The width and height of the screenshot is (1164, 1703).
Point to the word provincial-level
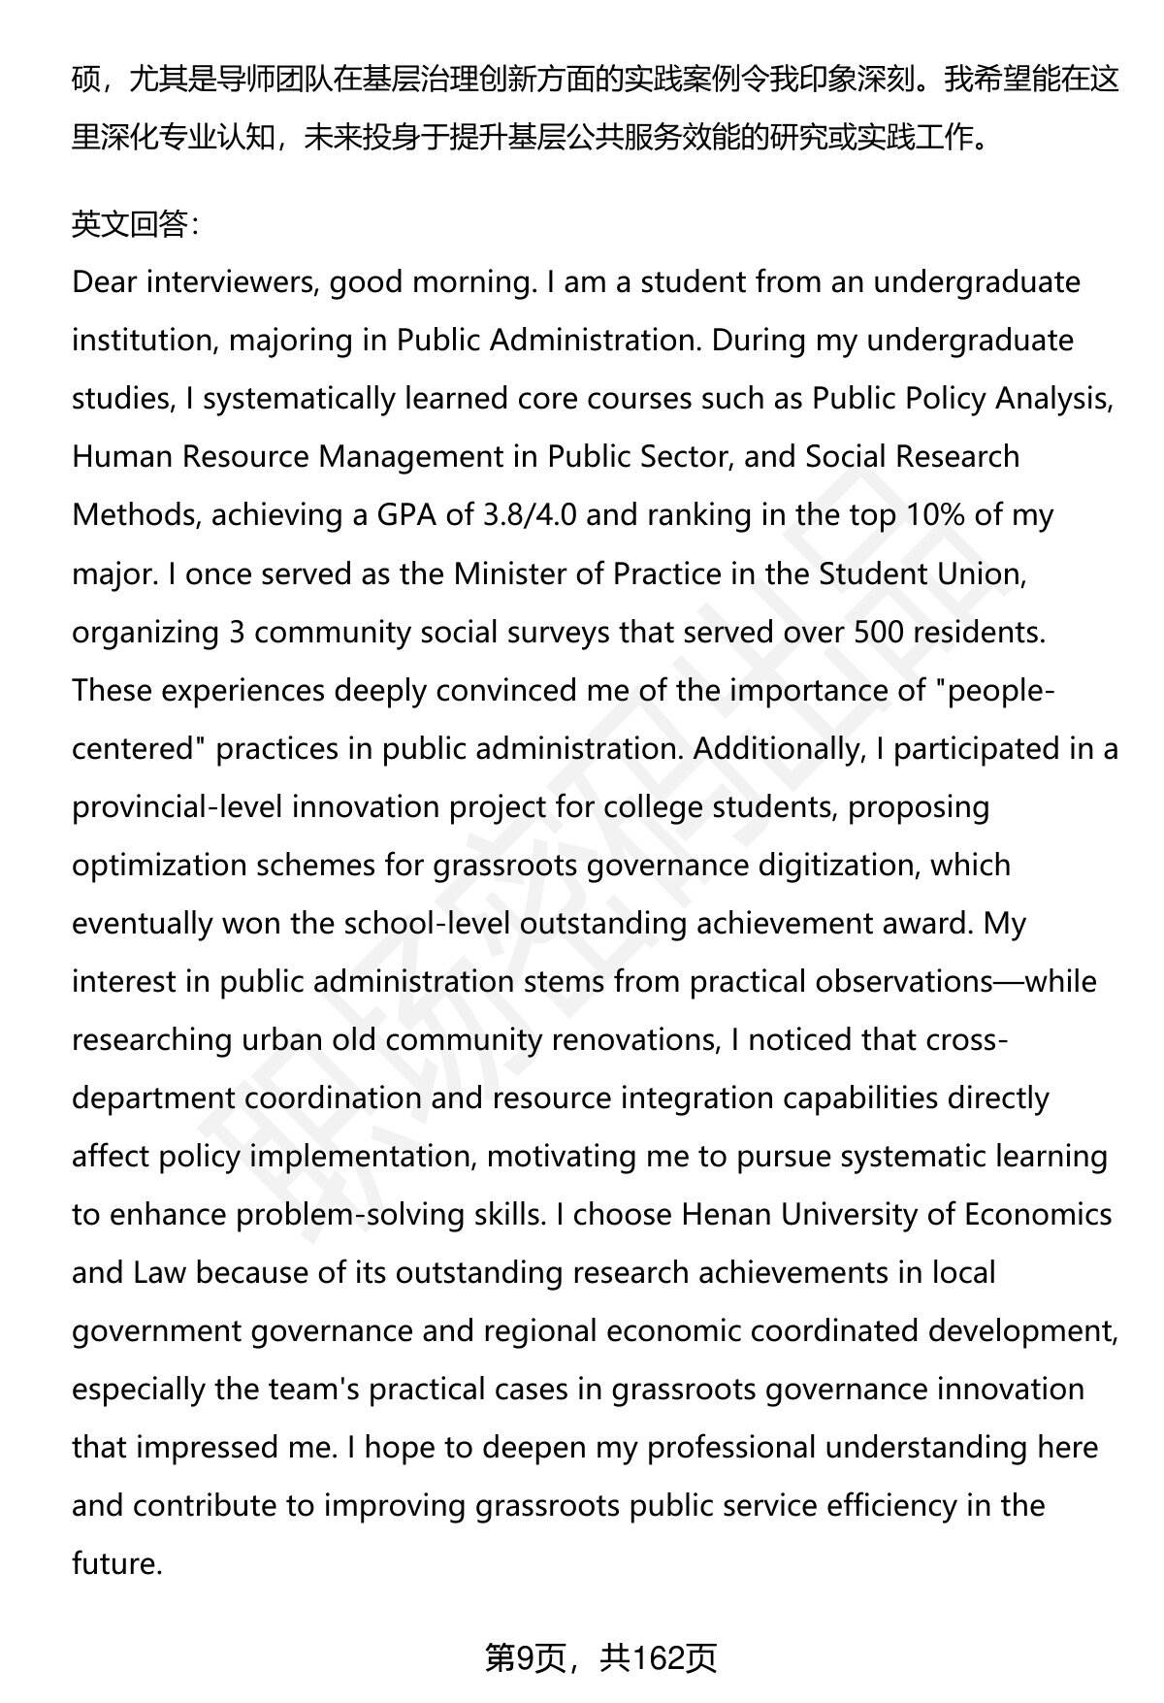(x=178, y=806)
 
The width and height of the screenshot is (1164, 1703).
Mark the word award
(x=925, y=923)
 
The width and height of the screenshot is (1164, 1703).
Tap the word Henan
(x=727, y=1214)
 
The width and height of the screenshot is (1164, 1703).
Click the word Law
(x=158, y=1272)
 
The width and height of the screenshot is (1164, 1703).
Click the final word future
(x=115, y=1563)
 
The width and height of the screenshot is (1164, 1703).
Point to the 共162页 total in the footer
(x=658, y=1658)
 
